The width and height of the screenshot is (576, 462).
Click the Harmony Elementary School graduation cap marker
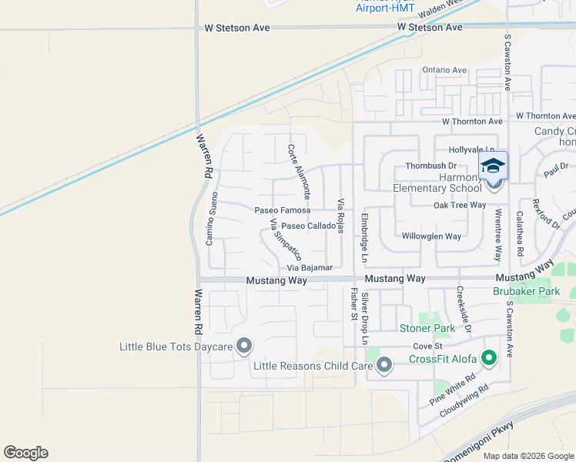[x=494, y=166]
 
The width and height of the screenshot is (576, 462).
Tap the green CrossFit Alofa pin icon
[x=488, y=358]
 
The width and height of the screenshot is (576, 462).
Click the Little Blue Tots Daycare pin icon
[x=244, y=346]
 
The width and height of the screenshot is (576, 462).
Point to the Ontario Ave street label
[x=444, y=70]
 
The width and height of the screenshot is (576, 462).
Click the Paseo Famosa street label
[x=283, y=210]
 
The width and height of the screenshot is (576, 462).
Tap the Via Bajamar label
[x=310, y=268]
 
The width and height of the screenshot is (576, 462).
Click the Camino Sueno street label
[x=209, y=219]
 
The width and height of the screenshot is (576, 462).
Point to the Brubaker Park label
[x=527, y=292]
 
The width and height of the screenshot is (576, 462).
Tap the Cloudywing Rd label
[x=464, y=402]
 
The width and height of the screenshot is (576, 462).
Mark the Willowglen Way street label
[x=431, y=236]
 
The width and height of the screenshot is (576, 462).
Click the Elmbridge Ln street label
[x=366, y=236]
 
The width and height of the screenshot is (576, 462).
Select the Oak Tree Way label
[x=460, y=205]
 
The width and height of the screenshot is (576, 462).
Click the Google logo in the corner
[x=25, y=453]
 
